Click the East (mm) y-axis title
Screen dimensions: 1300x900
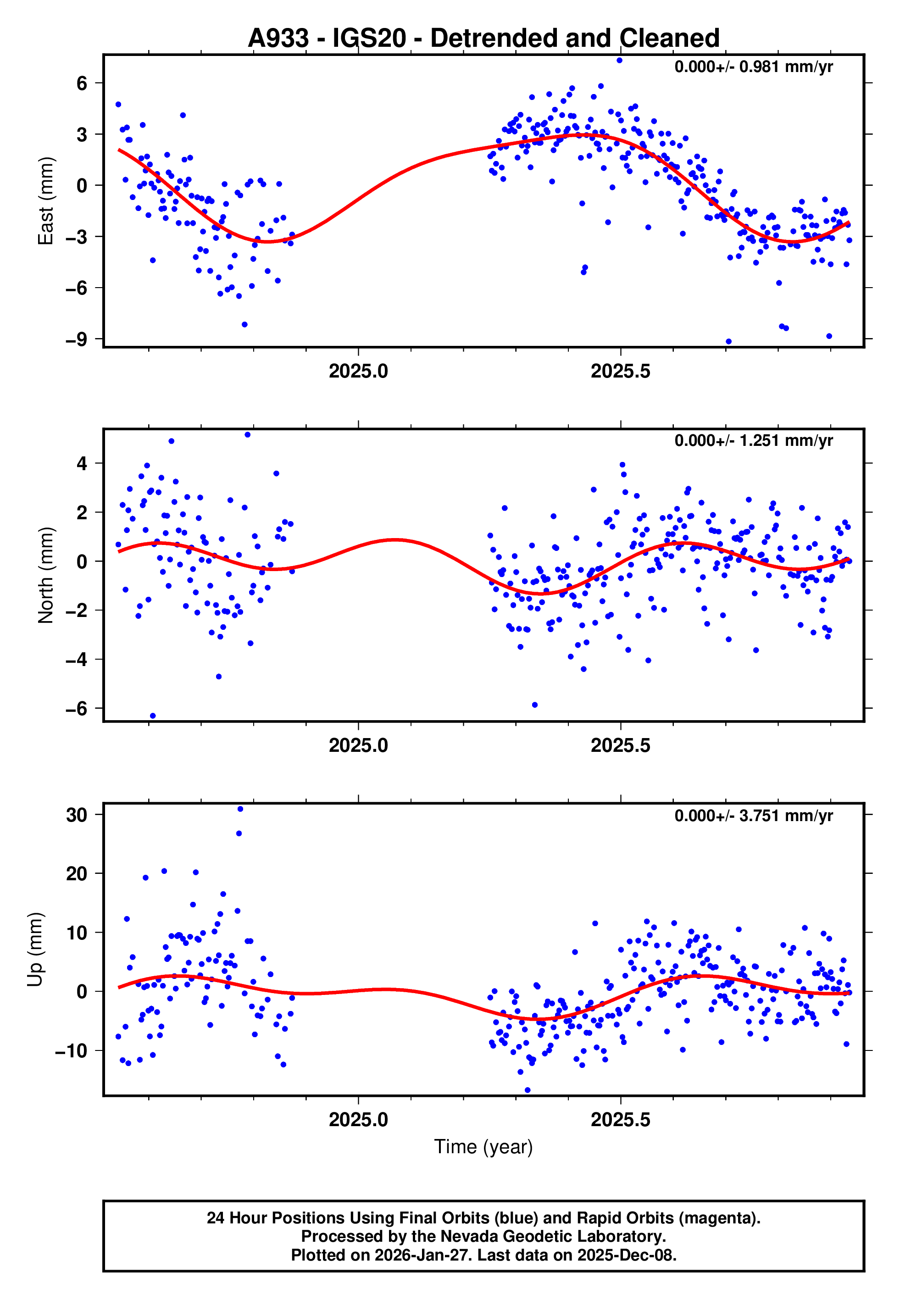46,201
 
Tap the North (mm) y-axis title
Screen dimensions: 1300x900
46,575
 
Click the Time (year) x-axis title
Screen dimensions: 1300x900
483,1147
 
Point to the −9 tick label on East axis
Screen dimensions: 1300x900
76,339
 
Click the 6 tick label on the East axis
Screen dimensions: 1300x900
82,83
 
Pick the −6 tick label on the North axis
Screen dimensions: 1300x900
76,709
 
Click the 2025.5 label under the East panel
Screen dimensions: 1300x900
620,372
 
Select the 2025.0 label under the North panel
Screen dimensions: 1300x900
358,746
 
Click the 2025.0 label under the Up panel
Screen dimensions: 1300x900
358,1120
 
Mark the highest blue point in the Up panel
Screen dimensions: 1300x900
240,809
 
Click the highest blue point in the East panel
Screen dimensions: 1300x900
619,60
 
